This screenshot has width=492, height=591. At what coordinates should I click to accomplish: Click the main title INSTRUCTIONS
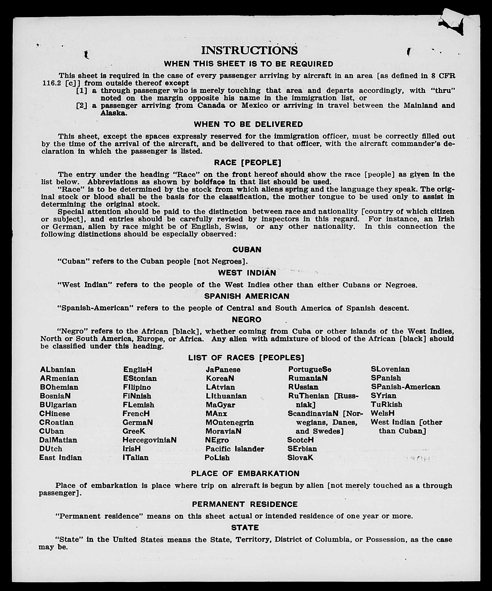point(249,50)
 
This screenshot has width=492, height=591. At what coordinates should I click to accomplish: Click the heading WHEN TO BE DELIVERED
point(248,124)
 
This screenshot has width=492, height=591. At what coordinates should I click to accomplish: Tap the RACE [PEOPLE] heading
point(247,163)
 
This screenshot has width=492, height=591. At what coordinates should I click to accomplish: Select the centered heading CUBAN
point(247,250)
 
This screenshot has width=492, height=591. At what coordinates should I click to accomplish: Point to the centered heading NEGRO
point(246,320)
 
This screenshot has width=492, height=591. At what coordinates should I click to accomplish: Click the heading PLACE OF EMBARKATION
point(245,474)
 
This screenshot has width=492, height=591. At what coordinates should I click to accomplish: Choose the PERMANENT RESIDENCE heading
point(245,504)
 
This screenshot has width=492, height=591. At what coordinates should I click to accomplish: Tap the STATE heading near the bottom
point(245,528)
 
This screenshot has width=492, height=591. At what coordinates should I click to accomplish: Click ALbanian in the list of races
point(58,370)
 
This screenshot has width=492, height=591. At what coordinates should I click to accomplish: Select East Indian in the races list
point(60,458)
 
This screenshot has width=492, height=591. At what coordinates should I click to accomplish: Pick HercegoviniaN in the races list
point(149,440)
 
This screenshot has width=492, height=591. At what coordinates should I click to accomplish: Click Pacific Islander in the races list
point(235,449)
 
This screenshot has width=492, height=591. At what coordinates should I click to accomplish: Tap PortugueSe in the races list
point(309,370)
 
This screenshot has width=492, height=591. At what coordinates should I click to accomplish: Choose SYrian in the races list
point(383,396)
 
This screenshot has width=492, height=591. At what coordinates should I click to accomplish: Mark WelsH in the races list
point(383,413)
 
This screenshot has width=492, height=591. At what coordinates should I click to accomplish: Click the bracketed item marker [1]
point(82,91)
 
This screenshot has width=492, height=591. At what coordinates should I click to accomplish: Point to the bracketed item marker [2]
point(82,105)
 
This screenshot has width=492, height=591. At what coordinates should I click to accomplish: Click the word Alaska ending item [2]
point(113,113)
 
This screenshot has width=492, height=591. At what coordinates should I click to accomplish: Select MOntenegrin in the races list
point(230,422)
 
